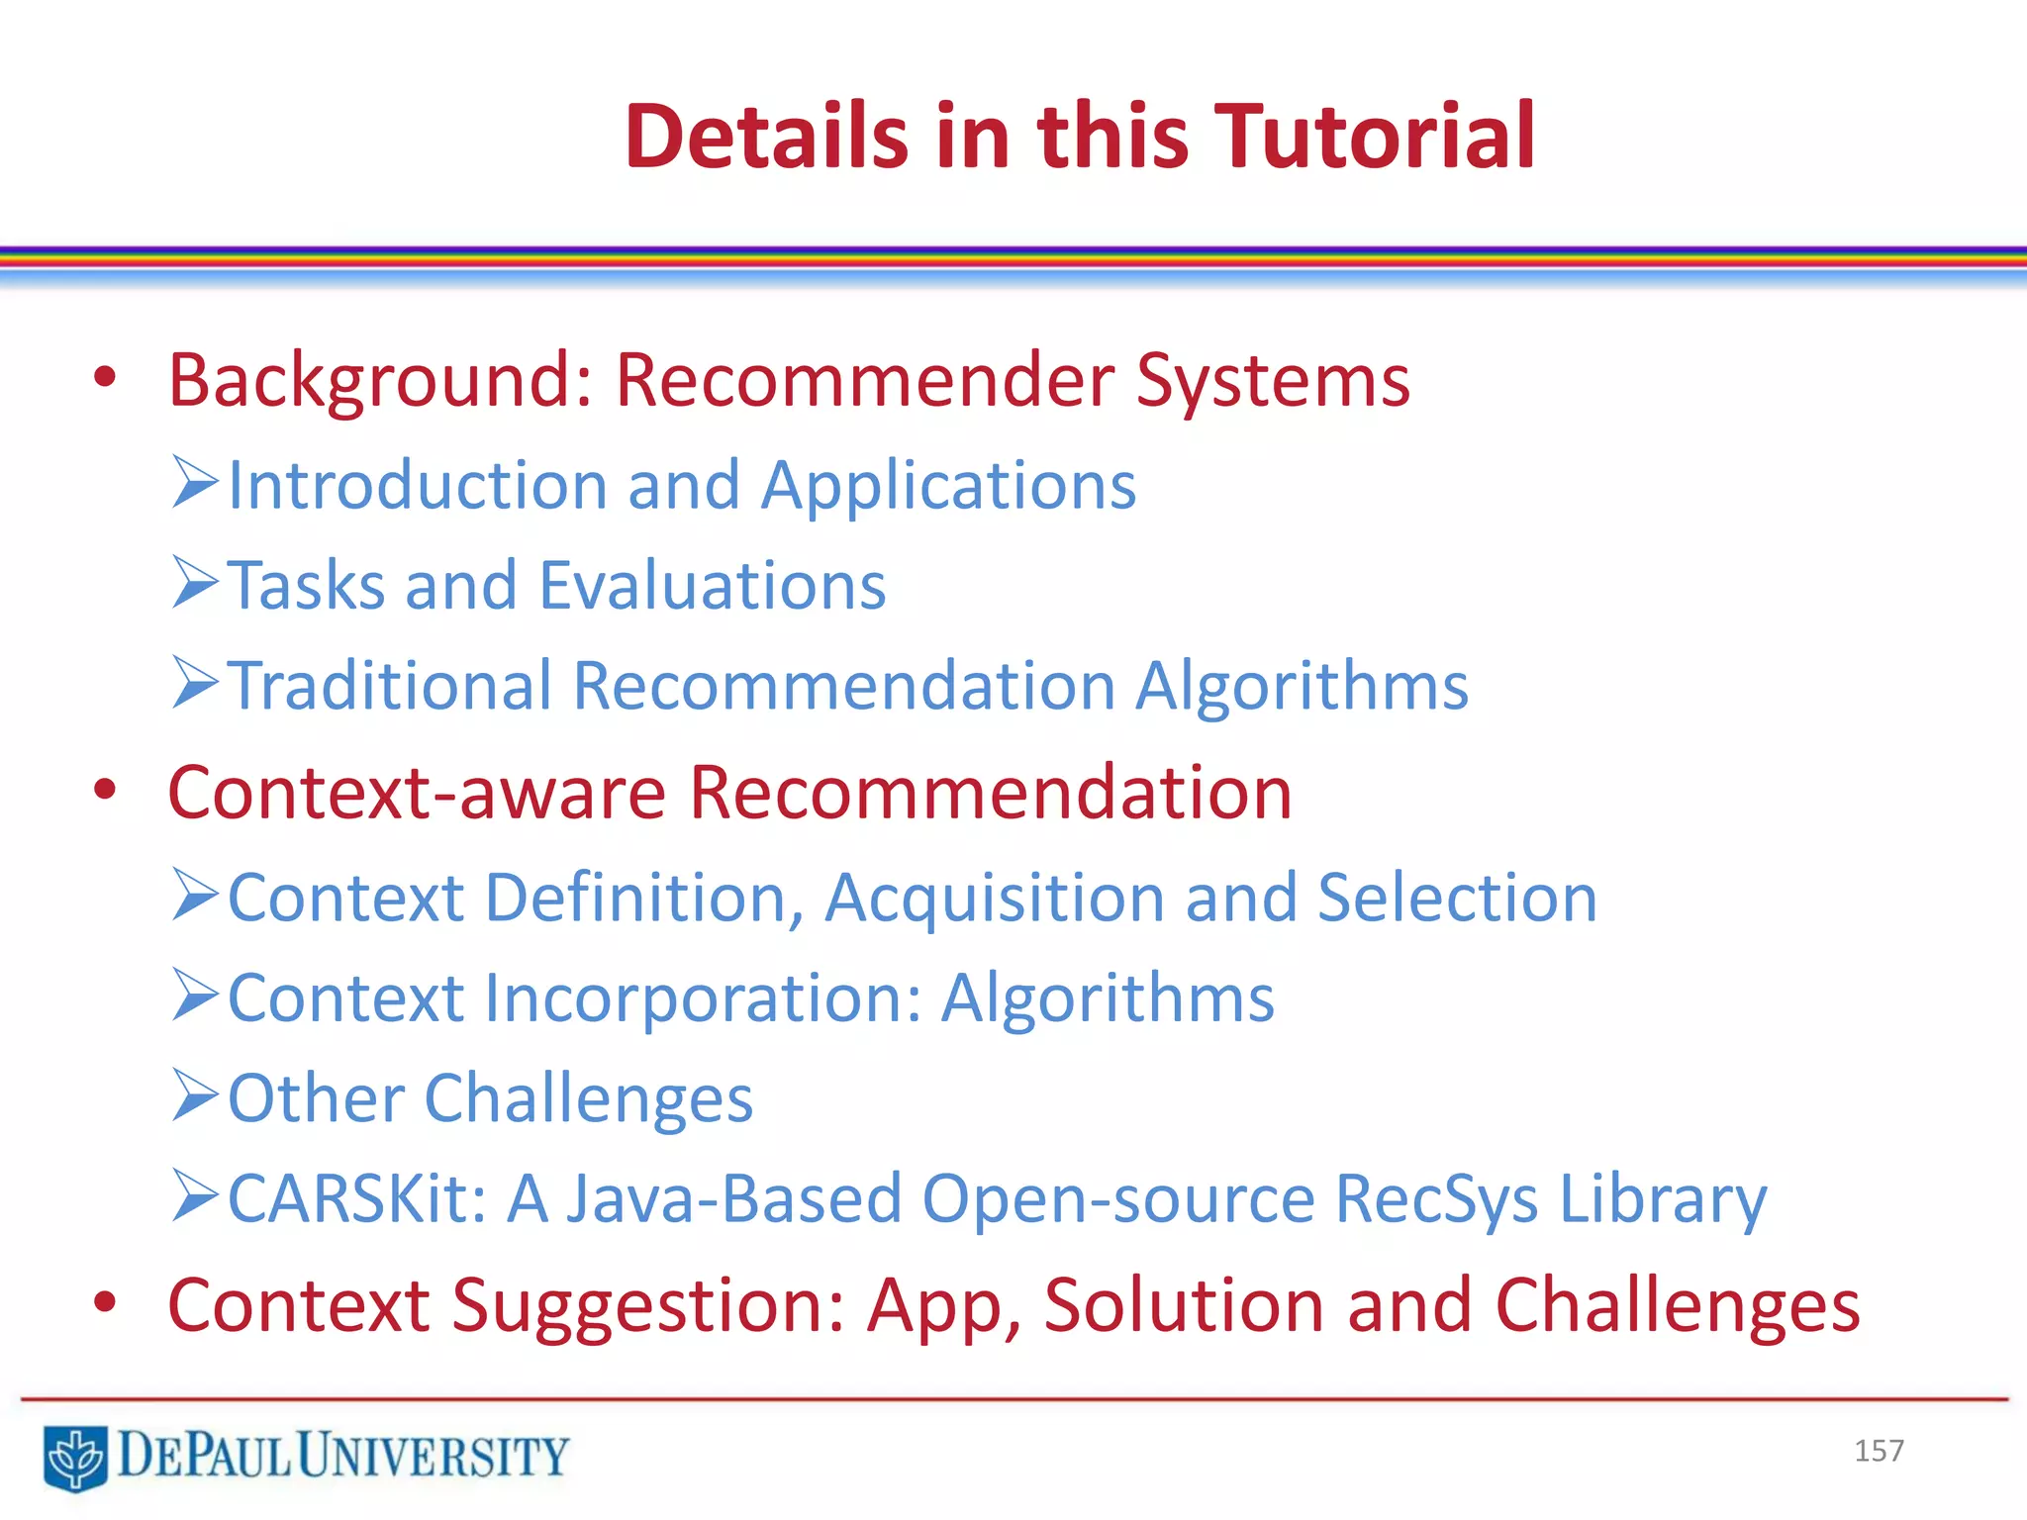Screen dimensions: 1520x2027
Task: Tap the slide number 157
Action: pos(1879,1451)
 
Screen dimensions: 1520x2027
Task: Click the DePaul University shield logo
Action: pos(75,1457)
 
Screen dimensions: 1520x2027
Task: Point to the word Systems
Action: pos(1273,382)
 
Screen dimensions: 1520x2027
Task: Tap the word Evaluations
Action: pos(713,586)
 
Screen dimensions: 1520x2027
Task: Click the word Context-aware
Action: pos(417,794)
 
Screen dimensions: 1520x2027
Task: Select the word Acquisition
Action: pos(995,900)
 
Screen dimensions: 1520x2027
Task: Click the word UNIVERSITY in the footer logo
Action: pos(434,1457)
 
